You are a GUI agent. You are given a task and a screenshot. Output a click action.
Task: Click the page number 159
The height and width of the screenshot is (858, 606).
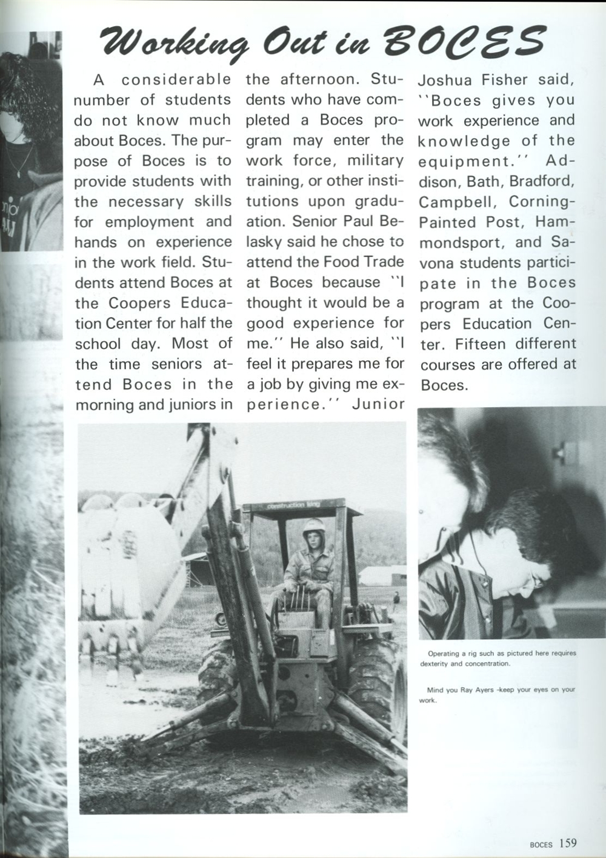[568, 843]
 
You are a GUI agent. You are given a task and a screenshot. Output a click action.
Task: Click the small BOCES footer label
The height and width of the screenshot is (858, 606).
[541, 844]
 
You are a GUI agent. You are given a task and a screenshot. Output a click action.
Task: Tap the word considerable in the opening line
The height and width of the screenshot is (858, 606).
[176, 79]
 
